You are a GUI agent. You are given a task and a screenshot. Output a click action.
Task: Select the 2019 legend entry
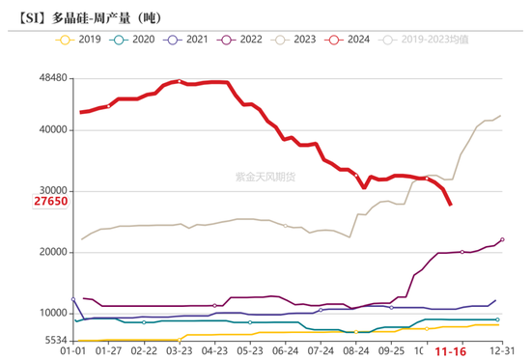[x=81, y=40]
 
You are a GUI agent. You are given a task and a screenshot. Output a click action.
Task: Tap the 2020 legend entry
[x=136, y=40]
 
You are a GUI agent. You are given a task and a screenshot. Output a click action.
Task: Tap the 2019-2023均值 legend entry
[x=426, y=40]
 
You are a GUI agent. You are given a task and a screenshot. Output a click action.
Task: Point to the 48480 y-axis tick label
[x=47, y=77]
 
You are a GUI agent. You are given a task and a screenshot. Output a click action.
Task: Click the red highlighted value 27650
[x=48, y=203]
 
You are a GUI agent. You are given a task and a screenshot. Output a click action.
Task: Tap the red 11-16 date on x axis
[x=451, y=352]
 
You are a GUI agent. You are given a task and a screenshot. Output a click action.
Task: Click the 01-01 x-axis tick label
[x=74, y=352]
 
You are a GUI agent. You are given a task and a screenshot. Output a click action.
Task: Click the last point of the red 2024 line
[x=451, y=204]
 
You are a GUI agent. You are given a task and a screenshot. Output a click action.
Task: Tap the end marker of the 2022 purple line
[x=502, y=239]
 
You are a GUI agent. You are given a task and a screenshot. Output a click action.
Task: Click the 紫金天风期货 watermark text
[x=266, y=176]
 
